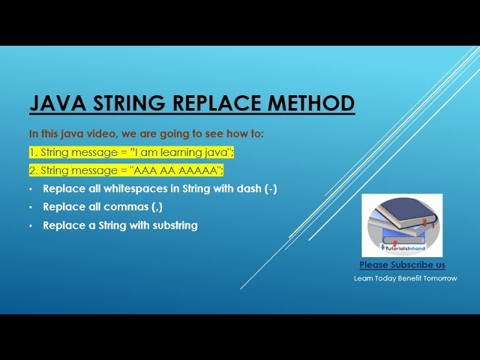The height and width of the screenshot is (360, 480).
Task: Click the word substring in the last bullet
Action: [172, 225]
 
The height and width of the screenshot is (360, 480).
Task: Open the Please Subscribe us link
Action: [402, 265]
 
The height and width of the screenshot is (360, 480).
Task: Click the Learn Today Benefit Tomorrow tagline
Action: [405, 278]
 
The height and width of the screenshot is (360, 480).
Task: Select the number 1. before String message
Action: [34, 152]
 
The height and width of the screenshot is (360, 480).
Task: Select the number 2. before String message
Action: [34, 170]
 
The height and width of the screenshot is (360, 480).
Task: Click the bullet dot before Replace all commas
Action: [31, 207]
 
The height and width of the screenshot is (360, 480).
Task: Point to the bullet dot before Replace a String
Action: [31, 225]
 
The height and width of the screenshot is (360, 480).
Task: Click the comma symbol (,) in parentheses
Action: [156, 208]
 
